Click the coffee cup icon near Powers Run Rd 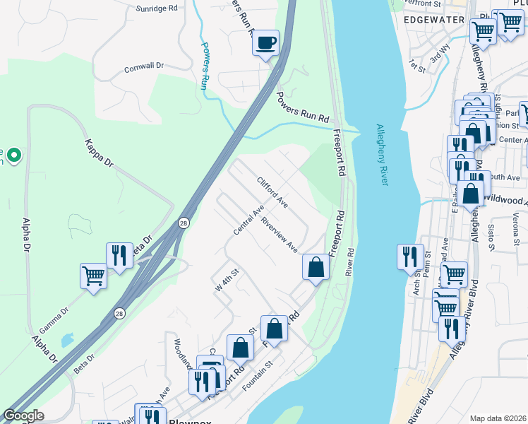point(266,43)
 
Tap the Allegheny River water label point(382,155)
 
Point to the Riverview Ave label point(279,233)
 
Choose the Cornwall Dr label point(144,66)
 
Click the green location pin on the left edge point(14,154)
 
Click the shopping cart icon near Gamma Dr point(93,275)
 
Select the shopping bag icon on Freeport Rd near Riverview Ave point(316,266)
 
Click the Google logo point(23,416)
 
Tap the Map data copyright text point(498,418)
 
